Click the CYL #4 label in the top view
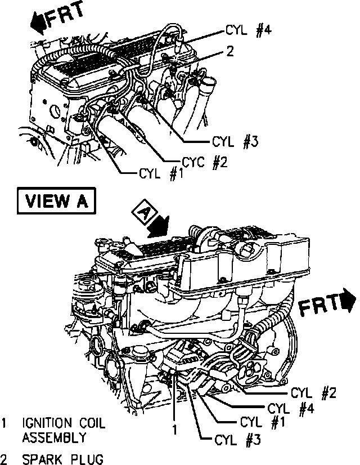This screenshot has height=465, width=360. coord(249,30)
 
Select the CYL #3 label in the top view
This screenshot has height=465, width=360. coord(235,142)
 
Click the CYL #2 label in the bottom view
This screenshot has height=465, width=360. coord(313,392)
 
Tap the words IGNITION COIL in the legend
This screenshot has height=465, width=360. coord(64,423)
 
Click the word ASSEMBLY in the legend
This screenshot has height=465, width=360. coord(54,437)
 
